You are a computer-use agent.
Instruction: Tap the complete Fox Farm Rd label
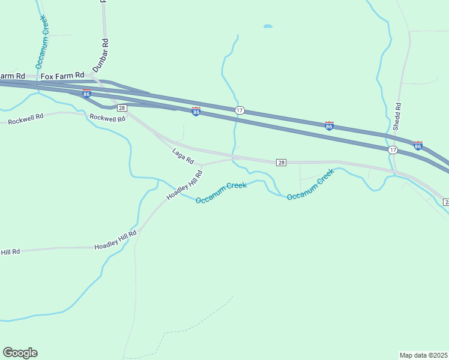click(62, 76)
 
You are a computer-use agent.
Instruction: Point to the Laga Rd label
click(183, 157)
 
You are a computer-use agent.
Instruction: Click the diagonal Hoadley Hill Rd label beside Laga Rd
click(185, 185)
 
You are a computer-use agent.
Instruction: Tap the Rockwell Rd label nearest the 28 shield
click(107, 118)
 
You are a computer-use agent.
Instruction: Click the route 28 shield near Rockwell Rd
click(122, 108)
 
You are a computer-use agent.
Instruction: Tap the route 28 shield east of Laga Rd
click(281, 163)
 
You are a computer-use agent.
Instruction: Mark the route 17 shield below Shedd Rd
click(393, 149)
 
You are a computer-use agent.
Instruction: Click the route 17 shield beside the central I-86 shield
click(240, 110)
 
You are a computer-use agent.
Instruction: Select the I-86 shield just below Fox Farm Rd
click(87, 94)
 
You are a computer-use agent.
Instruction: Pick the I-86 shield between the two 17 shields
click(329, 125)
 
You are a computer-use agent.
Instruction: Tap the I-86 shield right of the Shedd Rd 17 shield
click(418, 145)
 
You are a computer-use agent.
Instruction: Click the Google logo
click(20, 353)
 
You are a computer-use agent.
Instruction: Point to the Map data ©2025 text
click(424, 355)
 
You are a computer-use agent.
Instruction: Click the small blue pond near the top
click(268, 26)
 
